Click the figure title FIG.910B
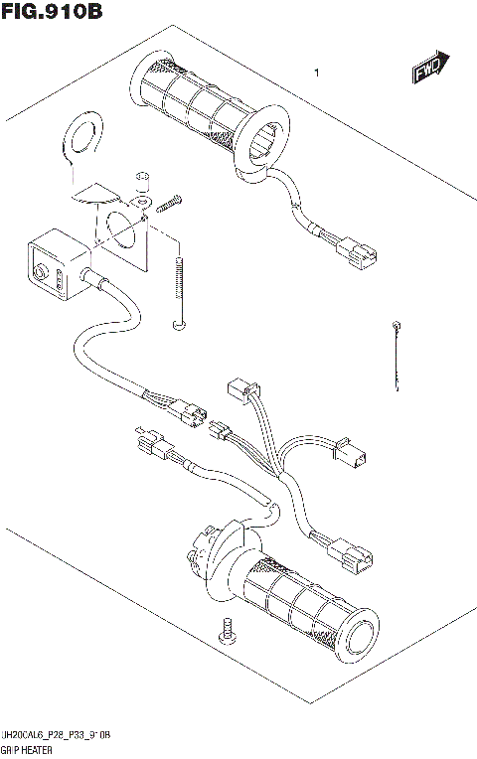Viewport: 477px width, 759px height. tap(52, 13)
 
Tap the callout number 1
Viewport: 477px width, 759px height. tap(315, 73)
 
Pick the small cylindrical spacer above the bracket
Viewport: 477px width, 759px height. tap(142, 181)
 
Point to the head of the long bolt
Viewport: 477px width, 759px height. tap(178, 323)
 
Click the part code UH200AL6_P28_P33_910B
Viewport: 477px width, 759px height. tap(57, 735)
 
